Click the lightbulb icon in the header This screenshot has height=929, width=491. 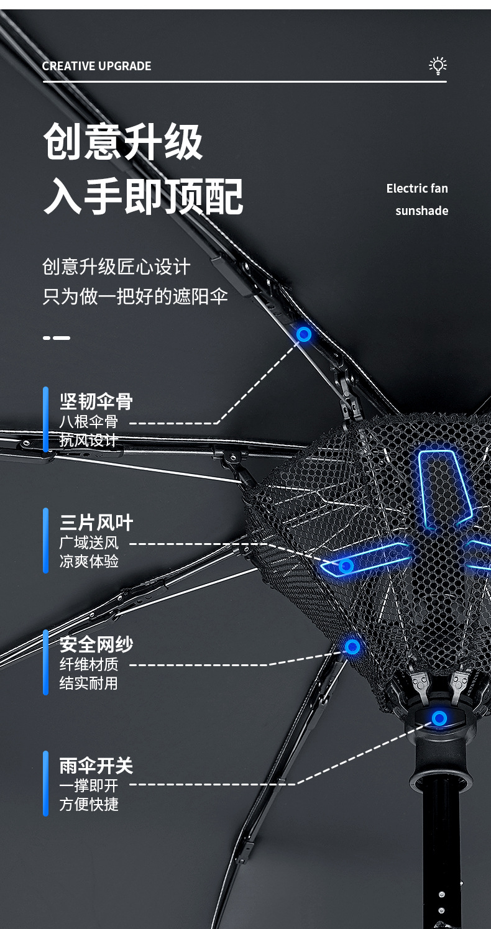click(x=438, y=66)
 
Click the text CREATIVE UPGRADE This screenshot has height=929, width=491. click(x=96, y=66)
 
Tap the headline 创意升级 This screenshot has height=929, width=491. click(x=123, y=142)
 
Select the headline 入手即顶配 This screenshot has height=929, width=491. click(x=143, y=196)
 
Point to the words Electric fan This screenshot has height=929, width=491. click(x=416, y=188)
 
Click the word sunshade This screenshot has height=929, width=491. click(x=421, y=211)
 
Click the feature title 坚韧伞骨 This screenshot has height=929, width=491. click(x=96, y=401)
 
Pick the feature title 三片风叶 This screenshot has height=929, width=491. click(x=96, y=523)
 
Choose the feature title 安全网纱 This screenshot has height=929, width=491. click(x=96, y=644)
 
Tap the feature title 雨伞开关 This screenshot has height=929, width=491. click(x=96, y=766)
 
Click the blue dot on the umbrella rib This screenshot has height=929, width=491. click(x=304, y=334)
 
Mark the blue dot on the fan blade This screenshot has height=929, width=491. click(x=346, y=566)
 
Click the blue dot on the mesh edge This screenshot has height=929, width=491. click(x=352, y=647)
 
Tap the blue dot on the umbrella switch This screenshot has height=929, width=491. click(x=439, y=719)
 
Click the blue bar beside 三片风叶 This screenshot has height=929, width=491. click(x=45, y=541)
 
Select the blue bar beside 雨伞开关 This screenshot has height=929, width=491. click(x=45, y=783)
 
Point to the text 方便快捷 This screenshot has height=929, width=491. click(x=89, y=804)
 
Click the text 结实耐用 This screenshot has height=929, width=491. click(x=89, y=683)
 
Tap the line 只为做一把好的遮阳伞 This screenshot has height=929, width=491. click(x=135, y=296)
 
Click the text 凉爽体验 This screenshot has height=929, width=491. click(x=89, y=561)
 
